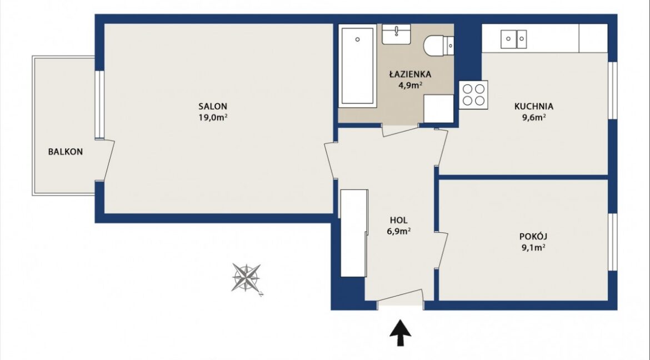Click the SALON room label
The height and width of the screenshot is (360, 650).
click(213, 107)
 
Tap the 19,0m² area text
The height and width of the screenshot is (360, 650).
click(213, 117)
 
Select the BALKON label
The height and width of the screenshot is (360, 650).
click(66, 152)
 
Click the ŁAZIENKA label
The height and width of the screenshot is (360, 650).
click(410, 74)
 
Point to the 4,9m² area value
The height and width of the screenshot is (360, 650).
click(410, 86)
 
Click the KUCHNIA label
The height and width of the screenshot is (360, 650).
click(533, 107)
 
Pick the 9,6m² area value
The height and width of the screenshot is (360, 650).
click(533, 117)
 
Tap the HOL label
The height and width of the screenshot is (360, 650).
click(398, 220)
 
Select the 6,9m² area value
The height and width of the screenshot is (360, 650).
click(398, 232)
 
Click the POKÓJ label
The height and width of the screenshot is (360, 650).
click(533, 237)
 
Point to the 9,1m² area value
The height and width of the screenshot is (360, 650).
click(533, 248)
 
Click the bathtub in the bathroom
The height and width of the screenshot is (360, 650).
click(358, 66)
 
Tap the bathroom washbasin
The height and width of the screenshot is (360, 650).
click(396, 34)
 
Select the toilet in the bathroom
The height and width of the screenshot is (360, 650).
click(438, 45)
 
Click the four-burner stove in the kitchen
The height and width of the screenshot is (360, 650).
click(473, 95)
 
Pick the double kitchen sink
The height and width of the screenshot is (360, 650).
click(514, 39)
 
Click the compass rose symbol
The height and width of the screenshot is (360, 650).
click(246, 277)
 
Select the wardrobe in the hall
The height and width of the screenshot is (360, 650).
click(354, 233)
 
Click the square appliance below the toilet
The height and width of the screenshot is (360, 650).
click(438, 109)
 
